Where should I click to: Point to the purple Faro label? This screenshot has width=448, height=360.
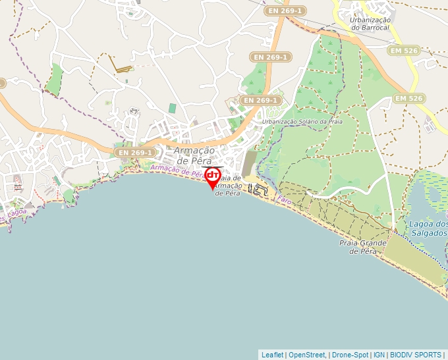284,199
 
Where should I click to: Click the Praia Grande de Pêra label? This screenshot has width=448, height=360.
362,247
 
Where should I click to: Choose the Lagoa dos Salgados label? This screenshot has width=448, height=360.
428,228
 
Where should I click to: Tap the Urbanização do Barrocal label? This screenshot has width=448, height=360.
371,24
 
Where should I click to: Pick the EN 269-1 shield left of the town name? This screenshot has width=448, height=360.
134,153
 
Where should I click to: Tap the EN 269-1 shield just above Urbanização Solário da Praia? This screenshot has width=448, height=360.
260,100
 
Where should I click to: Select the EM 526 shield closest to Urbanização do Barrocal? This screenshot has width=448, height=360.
404,50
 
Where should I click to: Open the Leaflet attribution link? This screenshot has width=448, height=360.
272,355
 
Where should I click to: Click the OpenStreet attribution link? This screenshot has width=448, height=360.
308,355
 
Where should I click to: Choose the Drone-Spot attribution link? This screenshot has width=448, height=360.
350,355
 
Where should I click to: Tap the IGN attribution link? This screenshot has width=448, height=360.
379,355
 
